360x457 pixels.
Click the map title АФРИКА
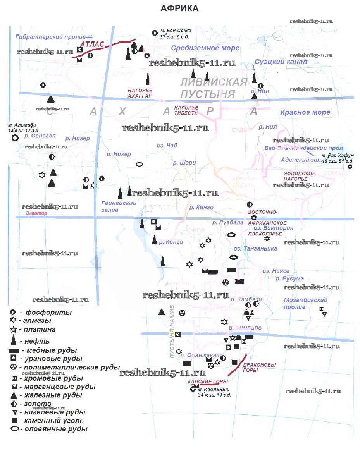click(179, 9)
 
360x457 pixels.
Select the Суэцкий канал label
click(281, 62)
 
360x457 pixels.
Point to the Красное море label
click(305, 112)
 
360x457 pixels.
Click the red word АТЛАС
click(92, 45)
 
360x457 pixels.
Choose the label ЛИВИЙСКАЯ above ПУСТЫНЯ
click(214, 82)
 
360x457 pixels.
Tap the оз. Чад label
click(167, 145)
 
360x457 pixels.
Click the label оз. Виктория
click(271, 228)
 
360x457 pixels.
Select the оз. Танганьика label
click(255, 248)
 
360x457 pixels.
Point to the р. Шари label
click(184, 163)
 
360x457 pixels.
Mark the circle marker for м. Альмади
click(15, 137)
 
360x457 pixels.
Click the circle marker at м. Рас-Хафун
click(350, 167)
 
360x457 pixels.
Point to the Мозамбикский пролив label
click(305, 303)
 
